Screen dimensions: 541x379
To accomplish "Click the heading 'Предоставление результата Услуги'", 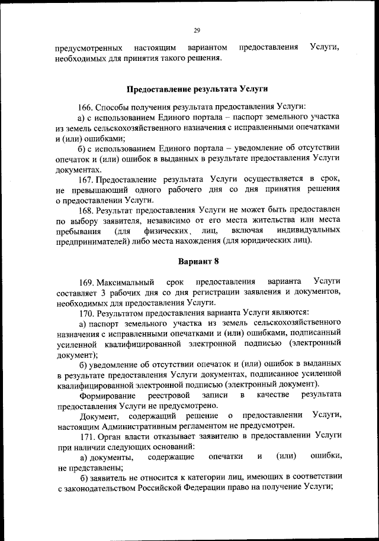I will click(x=198, y=90).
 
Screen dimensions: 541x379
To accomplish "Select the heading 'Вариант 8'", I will click(x=198, y=261).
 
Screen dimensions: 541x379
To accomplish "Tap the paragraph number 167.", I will click(x=86, y=179).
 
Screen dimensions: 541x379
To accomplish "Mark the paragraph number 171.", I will click(x=86, y=436).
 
